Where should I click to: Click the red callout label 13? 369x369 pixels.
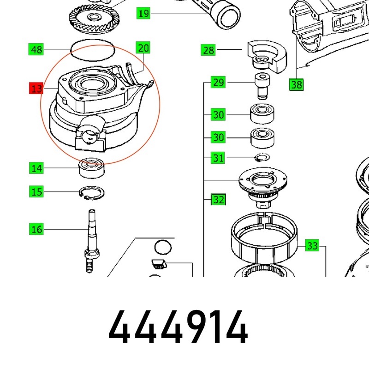(36, 88)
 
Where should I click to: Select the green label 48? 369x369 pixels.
(36, 49)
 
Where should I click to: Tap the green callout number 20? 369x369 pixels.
(143, 48)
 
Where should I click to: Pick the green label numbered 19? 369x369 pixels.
(143, 13)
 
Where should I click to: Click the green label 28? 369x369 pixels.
(208, 50)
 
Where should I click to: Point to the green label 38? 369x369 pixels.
(296, 85)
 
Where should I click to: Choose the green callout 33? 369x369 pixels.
(312, 245)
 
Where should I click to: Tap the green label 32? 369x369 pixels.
(218, 199)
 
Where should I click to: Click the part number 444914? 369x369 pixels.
(178, 327)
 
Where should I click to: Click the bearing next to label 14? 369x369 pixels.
(91, 168)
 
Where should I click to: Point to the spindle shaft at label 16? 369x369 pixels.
(91, 241)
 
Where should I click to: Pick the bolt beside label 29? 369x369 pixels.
(262, 86)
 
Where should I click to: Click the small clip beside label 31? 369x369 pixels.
(262, 157)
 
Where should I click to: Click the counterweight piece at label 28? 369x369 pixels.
(267, 56)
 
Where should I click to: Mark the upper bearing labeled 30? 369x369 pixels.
(262, 114)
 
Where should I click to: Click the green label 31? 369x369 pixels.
(218, 158)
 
